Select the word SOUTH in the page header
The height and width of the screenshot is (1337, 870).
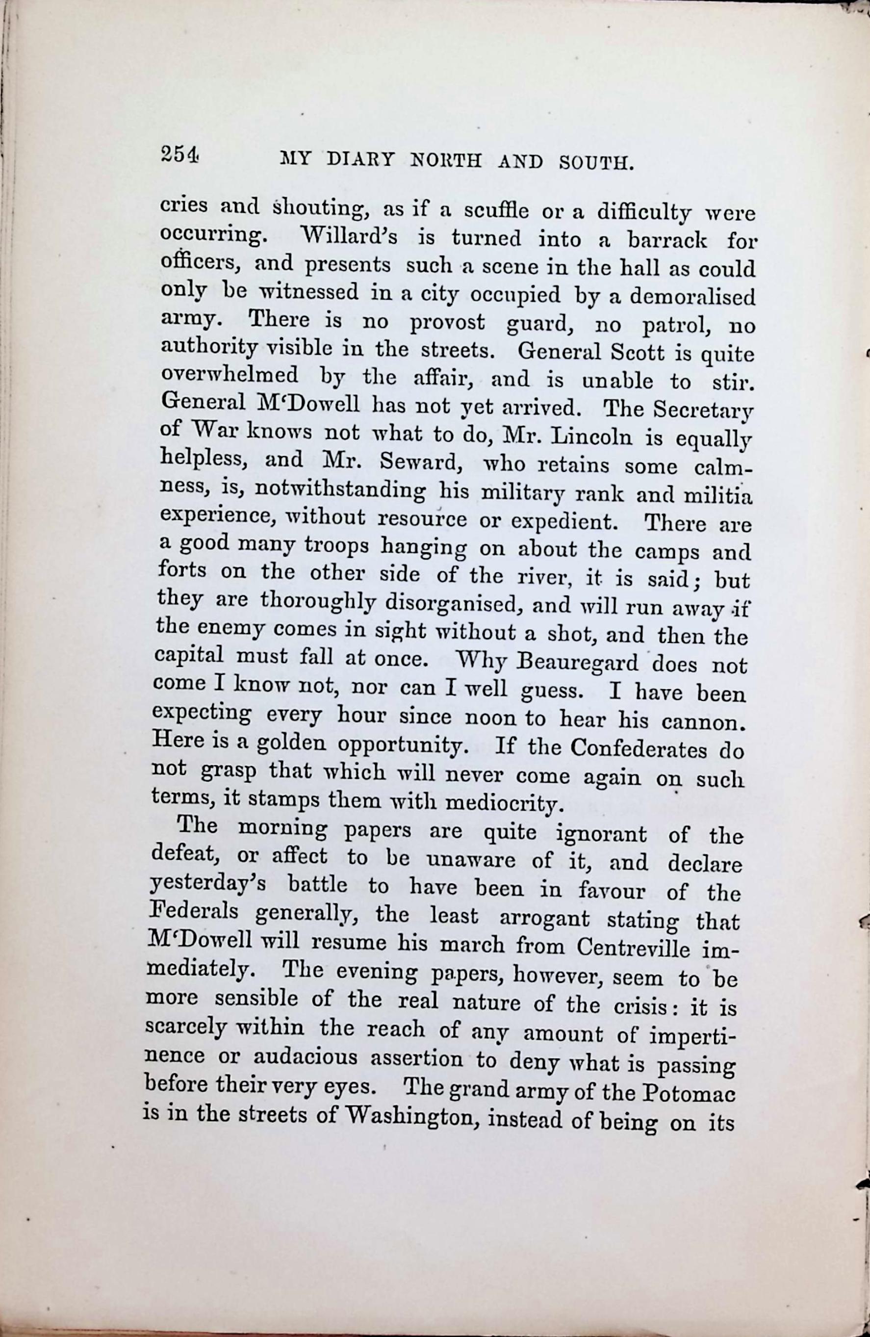[596, 163]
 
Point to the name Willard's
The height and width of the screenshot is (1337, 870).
[349, 236]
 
